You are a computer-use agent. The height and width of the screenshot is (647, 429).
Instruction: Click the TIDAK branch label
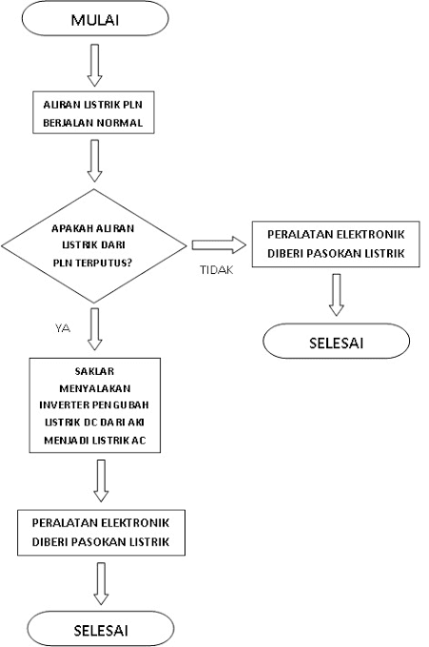pos(215,269)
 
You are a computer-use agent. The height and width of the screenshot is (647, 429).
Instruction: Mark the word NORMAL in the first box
pos(119,124)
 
